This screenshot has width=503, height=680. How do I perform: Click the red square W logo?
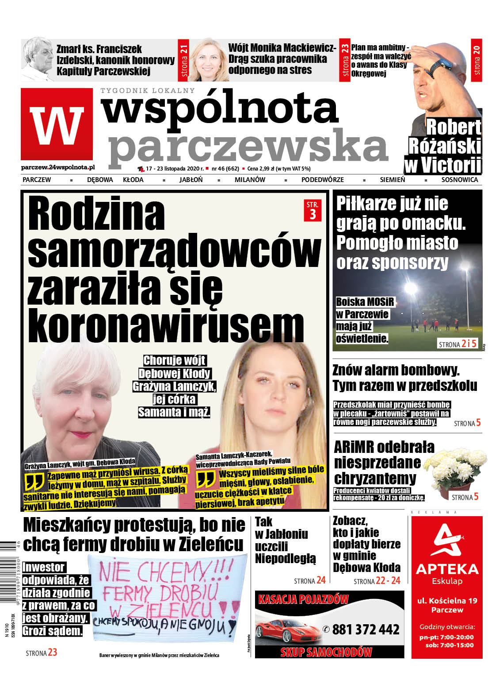tap(57, 124)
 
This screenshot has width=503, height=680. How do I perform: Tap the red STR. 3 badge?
tap(312, 210)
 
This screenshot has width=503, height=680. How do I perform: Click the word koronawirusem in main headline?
tap(166, 327)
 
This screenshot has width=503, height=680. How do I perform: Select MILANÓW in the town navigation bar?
tap(250, 180)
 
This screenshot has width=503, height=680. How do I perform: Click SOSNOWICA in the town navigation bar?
tap(459, 180)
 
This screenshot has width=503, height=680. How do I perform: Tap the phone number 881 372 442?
tap(366, 630)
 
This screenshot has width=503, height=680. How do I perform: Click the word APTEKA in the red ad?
tap(447, 569)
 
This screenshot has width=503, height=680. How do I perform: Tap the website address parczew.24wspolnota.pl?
tap(57, 168)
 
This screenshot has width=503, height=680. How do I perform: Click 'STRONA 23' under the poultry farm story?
tap(42, 653)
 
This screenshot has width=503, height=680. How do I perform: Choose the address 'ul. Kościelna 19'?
tap(447, 601)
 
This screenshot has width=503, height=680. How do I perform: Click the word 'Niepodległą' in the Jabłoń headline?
tap(286, 558)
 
